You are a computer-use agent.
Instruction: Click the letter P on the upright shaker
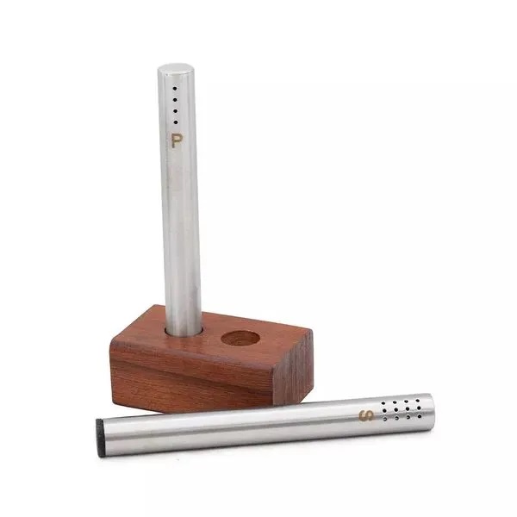pos(177,140)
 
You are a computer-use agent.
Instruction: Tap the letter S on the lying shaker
pos(367,415)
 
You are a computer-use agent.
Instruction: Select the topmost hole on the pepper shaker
pos(175,89)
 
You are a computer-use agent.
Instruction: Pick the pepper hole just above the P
pos(176,122)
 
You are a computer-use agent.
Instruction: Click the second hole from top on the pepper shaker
pos(175,100)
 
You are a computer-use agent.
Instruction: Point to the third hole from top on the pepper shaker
pos(176,111)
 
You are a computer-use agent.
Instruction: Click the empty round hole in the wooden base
pos(240,339)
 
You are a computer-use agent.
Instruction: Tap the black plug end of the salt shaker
pos(99,438)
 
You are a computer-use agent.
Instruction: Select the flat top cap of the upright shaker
pos(175,69)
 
